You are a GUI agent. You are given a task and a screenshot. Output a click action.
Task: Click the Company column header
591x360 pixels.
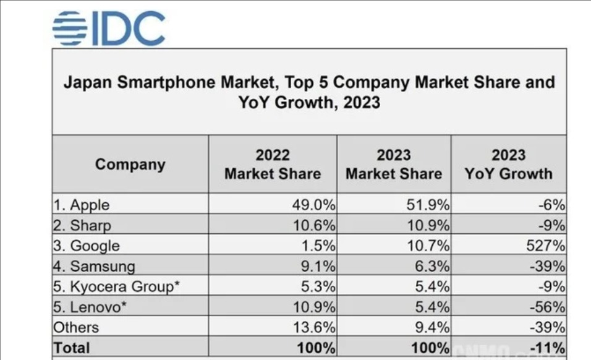tap(130, 165)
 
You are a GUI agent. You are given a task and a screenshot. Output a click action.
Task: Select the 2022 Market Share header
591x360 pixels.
tap(273, 165)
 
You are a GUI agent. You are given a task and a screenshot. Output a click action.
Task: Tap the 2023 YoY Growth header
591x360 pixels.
tap(508, 165)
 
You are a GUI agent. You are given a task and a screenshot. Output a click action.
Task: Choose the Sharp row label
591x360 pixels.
tap(82, 226)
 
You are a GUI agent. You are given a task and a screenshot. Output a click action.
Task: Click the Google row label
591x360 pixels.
tap(87, 246)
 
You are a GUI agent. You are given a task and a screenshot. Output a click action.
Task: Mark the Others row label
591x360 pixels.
tap(76, 327)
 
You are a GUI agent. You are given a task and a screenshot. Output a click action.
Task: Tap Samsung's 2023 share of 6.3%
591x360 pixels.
tap(430, 266)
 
